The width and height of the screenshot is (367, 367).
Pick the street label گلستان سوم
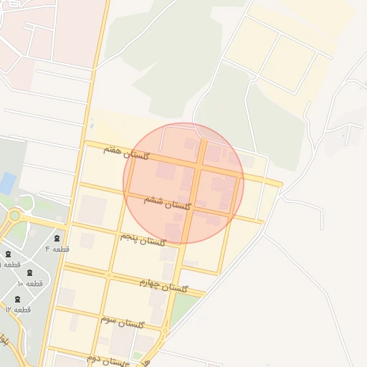point(122,322)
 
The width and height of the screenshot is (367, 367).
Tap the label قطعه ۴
point(57,249)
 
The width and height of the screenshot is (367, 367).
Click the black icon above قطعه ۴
point(57,238)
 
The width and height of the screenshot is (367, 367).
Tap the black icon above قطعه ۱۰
point(30,273)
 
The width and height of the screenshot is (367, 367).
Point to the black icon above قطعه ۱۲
point(18,299)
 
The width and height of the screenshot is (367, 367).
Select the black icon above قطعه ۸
point(8,254)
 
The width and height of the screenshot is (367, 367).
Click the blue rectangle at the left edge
point(7,183)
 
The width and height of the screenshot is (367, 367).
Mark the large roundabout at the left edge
point(14,215)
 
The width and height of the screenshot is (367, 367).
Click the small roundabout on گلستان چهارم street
point(109,275)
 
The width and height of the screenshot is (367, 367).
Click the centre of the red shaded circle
point(183,183)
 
